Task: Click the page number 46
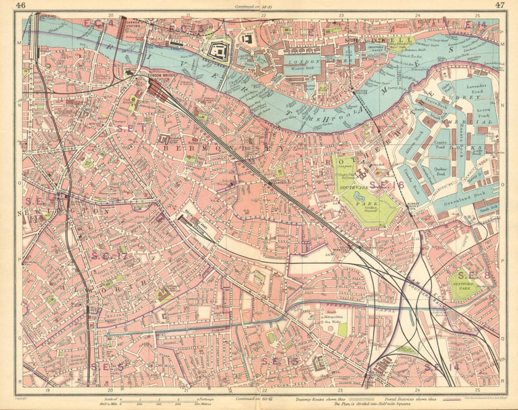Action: tap(20, 5)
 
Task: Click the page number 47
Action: tap(500, 5)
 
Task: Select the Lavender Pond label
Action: tap(478, 90)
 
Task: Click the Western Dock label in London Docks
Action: tap(298, 67)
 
